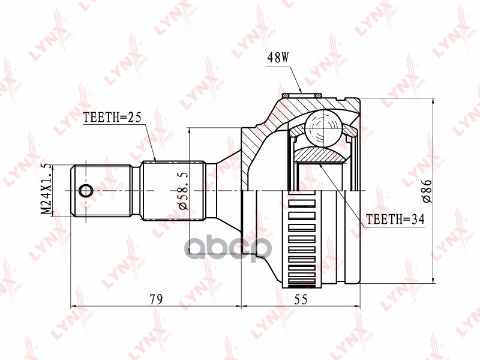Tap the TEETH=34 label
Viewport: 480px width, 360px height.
[x=395, y=220]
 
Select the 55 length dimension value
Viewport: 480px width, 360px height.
[x=301, y=298]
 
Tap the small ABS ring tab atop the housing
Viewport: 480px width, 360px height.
[x=299, y=94]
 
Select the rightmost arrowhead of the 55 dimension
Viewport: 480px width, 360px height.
[x=358, y=305]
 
